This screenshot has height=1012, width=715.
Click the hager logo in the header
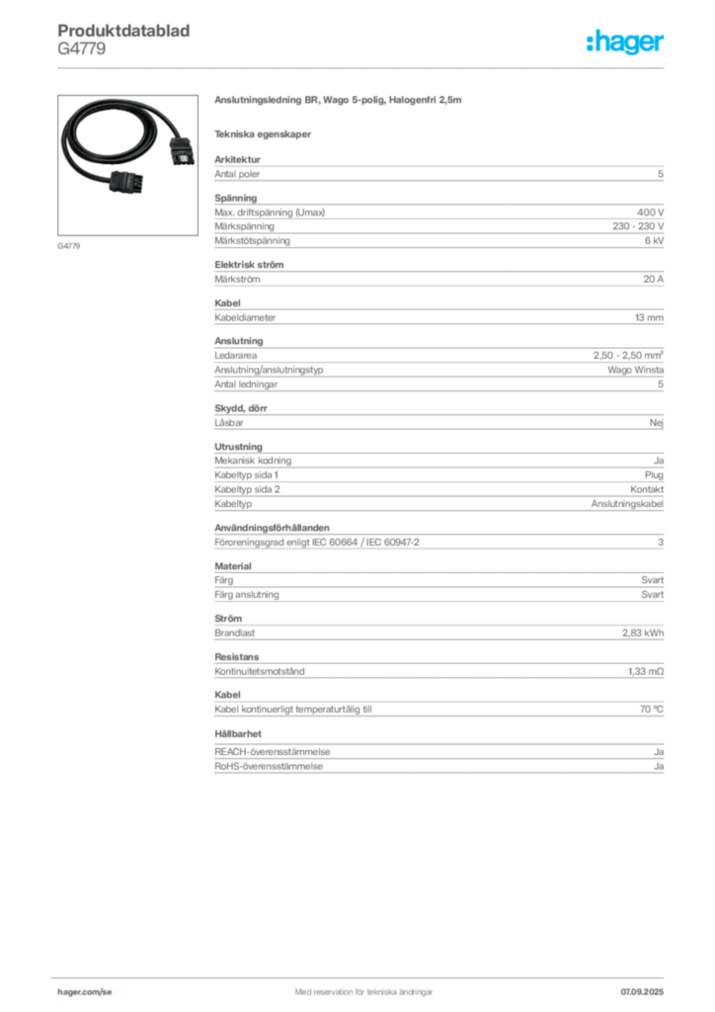[625, 42]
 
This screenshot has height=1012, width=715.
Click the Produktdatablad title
[123, 31]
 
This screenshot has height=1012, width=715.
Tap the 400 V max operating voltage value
[651, 212]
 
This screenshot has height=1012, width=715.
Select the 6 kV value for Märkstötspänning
[654, 241]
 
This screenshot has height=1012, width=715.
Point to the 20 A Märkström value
[653, 280]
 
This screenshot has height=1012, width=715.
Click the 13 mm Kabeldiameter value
[649, 317]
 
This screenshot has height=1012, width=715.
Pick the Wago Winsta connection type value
[635, 370]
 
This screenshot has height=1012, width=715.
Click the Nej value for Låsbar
[657, 423]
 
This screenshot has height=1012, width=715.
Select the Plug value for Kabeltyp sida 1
[654, 475]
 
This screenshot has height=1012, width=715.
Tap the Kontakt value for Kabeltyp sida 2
[647, 489]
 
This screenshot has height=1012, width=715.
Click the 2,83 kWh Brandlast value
[643, 633]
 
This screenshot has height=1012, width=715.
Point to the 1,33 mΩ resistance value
[646, 671]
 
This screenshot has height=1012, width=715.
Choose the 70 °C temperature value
[651, 710]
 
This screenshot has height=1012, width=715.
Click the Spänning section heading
[235, 198]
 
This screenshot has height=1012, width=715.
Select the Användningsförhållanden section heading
[272, 528]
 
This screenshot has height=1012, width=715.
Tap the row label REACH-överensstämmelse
[272, 752]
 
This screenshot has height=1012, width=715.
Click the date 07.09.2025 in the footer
[642, 992]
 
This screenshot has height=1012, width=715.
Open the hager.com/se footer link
[85, 992]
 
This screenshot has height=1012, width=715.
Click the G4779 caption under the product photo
[68, 246]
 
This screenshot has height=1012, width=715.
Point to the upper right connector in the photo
[181, 151]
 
